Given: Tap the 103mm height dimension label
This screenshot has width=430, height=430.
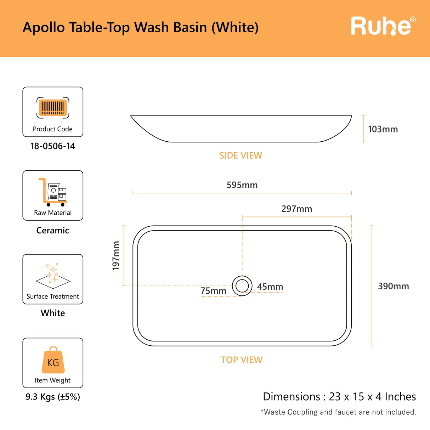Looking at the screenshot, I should click(x=383, y=129).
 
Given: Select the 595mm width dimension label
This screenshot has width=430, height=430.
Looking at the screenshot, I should click(x=242, y=185).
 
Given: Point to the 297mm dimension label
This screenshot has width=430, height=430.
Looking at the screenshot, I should click(x=296, y=209).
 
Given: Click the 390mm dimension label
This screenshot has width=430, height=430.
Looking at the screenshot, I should click(x=393, y=286).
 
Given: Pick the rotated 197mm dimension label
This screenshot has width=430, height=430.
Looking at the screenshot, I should click(x=116, y=256).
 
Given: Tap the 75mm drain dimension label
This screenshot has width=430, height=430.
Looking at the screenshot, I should click(x=213, y=291).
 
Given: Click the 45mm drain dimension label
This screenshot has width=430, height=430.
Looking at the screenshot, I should click(x=270, y=287).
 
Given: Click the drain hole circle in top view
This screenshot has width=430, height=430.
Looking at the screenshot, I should click(x=242, y=286).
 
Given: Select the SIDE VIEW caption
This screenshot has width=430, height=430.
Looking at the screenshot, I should click(x=241, y=155).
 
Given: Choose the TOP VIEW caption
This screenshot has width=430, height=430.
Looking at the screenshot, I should click(x=242, y=360).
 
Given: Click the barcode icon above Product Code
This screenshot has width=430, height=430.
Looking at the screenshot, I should click(x=53, y=107).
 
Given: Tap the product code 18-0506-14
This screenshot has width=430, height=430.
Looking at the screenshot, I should click(x=53, y=146).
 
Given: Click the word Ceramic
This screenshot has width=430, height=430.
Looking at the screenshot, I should click(x=53, y=231).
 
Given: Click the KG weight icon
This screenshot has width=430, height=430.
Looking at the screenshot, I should click(x=53, y=361).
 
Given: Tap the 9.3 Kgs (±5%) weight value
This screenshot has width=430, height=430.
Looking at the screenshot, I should click(x=53, y=397).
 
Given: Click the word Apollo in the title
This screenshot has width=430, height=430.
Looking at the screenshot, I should click(x=44, y=28).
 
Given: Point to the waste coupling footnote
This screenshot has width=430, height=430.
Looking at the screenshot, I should click(x=338, y=412).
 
